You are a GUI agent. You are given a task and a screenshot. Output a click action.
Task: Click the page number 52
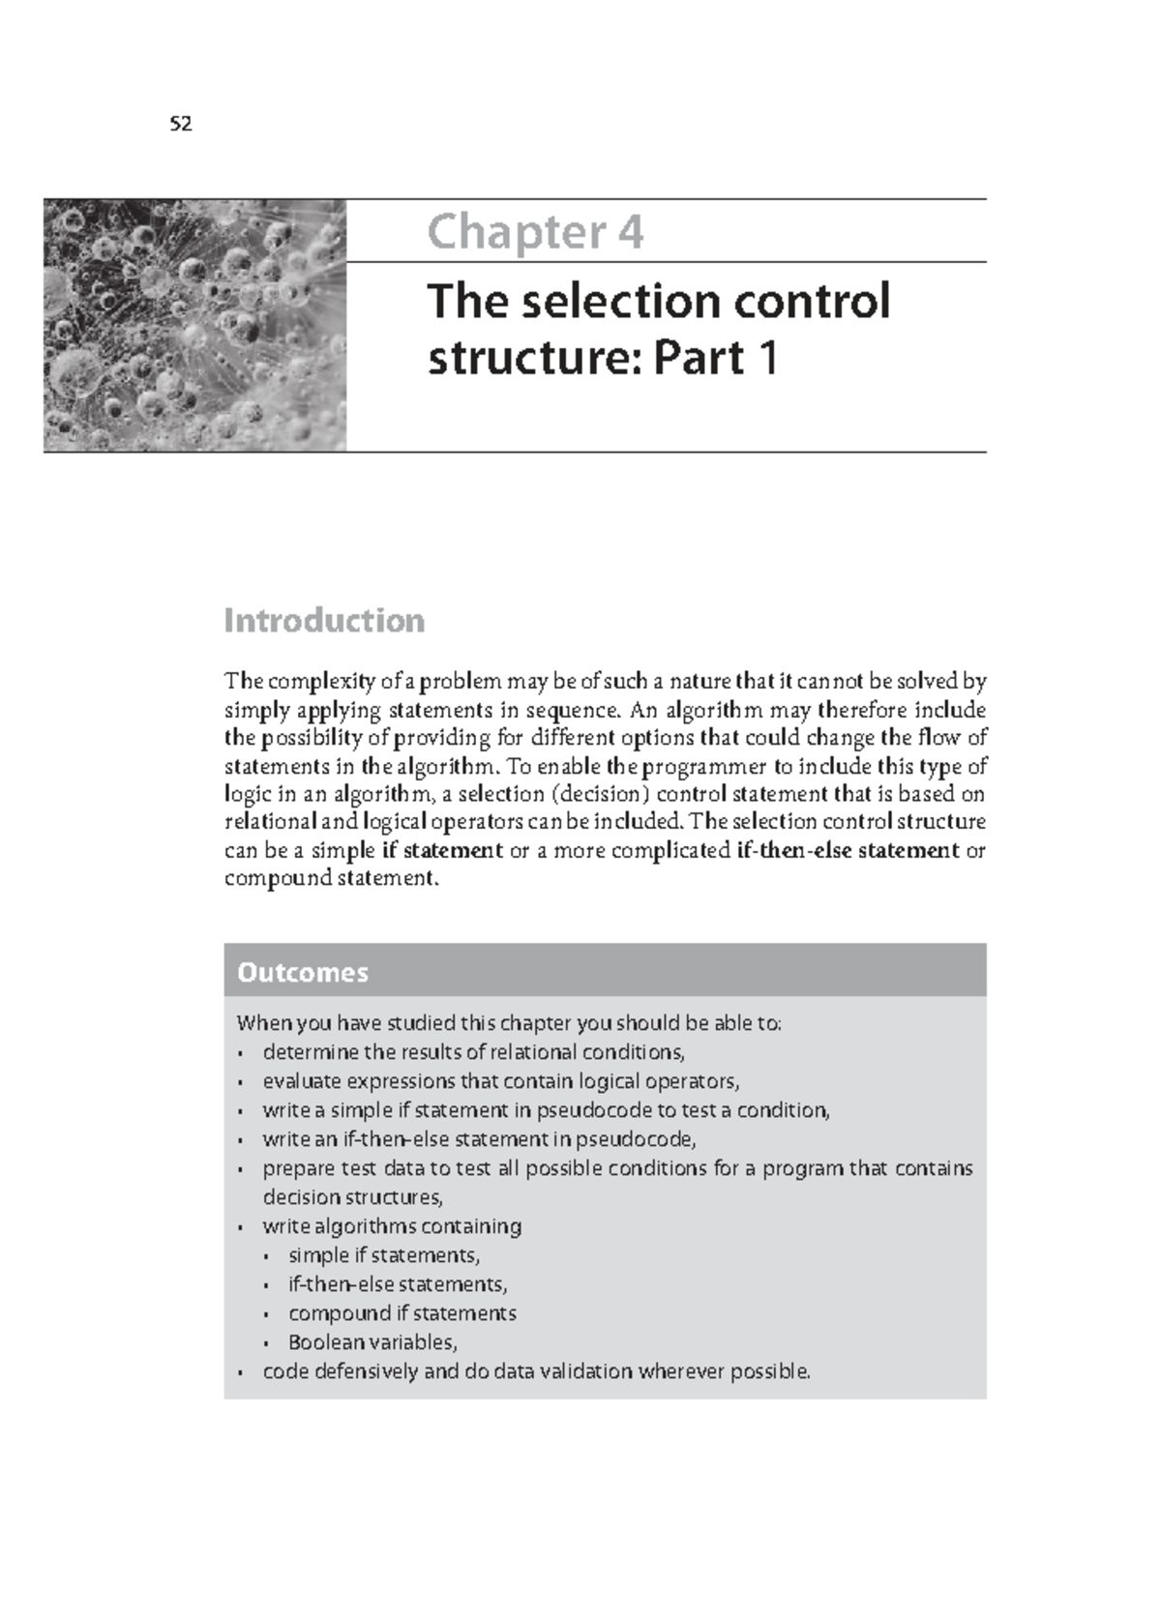(x=181, y=124)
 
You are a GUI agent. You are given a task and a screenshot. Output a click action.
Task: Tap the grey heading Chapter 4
(x=535, y=232)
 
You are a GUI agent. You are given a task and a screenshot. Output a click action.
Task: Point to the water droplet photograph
(x=194, y=325)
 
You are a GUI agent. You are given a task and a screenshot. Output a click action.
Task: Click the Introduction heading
(x=324, y=620)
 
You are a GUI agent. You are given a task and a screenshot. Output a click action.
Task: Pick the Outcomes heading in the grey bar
(x=303, y=972)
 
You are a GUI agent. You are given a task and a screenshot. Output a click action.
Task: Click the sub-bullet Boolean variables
(x=372, y=1342)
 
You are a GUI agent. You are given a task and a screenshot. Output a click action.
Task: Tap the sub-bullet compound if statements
(x=402, y=1313)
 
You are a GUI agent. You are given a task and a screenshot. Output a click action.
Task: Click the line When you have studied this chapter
(x=509, y=1023)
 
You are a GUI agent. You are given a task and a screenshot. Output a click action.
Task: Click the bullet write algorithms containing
(x=392, y=1226)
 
